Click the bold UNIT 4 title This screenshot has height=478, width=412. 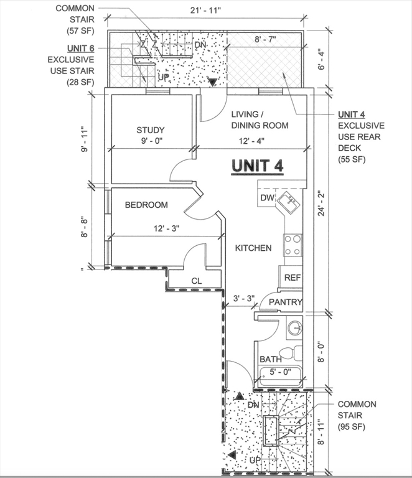pos(258,166)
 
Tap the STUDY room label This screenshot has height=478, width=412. pos(151,130)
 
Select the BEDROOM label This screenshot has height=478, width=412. pos(146,205)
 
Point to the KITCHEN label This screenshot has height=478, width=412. pos(253,248)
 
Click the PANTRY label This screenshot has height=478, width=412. pos(286,302)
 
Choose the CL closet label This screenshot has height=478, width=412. pos(197,281)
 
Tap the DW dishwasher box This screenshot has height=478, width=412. pos(266,198)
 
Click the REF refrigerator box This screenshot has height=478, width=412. pos(291,277)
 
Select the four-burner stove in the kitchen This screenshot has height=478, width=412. pos(293,245)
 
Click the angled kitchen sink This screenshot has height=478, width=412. pos(288,202)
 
